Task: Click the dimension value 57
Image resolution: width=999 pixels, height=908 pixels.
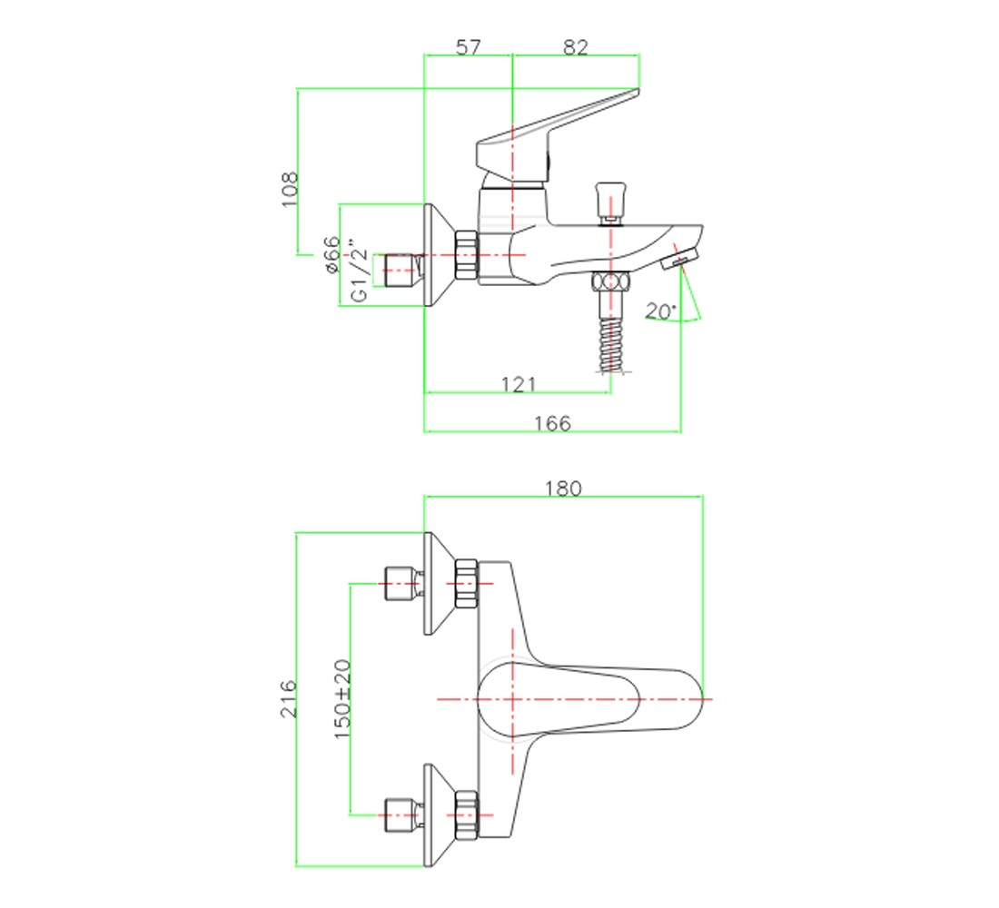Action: coord(469,46)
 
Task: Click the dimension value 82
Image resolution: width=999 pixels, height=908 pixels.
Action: coord(575,46)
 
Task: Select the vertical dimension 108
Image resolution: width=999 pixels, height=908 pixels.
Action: coord(289,189)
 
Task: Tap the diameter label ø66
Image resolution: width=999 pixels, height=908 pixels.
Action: coord(331,254)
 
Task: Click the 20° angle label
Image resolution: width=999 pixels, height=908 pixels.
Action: coord(660,311)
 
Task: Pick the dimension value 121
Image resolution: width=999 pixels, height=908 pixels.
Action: coord(519,384)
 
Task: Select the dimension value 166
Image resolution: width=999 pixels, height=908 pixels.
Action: coord(552,423)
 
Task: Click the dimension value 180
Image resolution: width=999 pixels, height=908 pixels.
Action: coord(563,489)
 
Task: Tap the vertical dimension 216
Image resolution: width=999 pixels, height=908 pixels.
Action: coord(289,698)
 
